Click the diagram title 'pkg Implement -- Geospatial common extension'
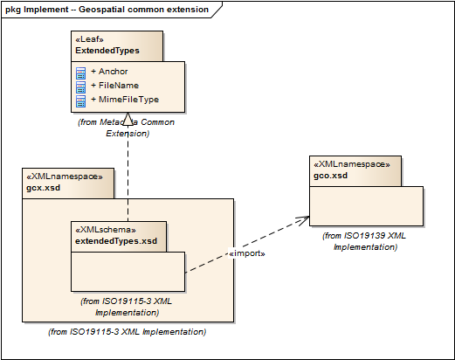point(107,10)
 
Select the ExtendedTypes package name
point(107,51)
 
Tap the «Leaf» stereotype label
point(89,39)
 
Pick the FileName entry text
point(119,86)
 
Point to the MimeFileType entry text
point(128,100)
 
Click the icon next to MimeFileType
point(80,101)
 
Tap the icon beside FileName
point(80,87)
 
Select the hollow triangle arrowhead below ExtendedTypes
point(128,119)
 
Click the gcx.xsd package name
point(44,188)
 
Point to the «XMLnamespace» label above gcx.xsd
point(65,177)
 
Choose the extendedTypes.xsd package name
point(116,241)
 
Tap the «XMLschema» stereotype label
point(106,230)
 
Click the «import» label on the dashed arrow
point(247,253)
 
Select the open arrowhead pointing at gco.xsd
point(304,219)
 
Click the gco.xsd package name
point(330,176)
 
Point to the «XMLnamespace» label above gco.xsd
point(352,164)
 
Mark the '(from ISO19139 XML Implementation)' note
point(364,241)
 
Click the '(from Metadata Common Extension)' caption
point(127,128)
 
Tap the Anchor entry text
point(114,72)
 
